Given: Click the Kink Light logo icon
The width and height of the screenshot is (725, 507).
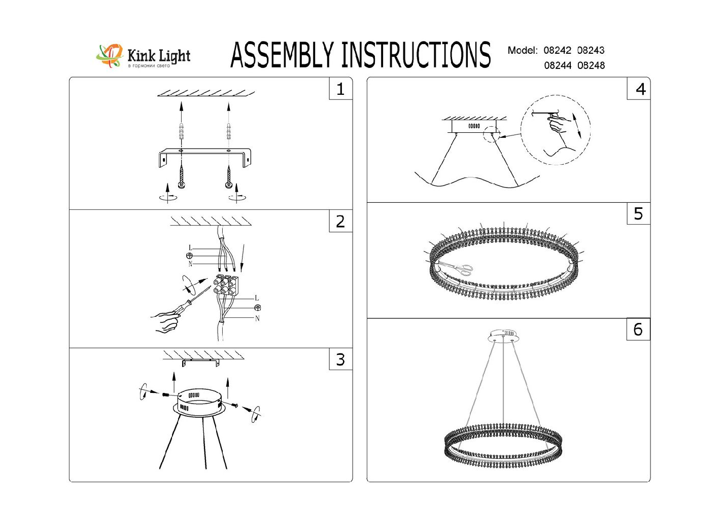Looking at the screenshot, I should pos(110,55).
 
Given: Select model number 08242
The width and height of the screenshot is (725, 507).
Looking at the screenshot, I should pos(557,50).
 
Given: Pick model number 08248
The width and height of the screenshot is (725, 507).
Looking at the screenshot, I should pos(591,65).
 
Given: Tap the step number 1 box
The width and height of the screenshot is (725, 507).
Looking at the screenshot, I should pos(340,89).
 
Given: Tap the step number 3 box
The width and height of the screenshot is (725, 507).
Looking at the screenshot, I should pos(340,359).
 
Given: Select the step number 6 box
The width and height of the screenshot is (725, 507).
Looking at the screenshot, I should pos(638,330).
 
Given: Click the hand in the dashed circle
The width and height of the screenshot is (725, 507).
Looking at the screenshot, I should pos(558,124).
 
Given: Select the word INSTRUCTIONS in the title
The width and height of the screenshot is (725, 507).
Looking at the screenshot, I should pos(416,55).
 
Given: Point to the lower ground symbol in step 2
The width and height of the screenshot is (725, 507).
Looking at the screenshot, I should pos(257,308).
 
